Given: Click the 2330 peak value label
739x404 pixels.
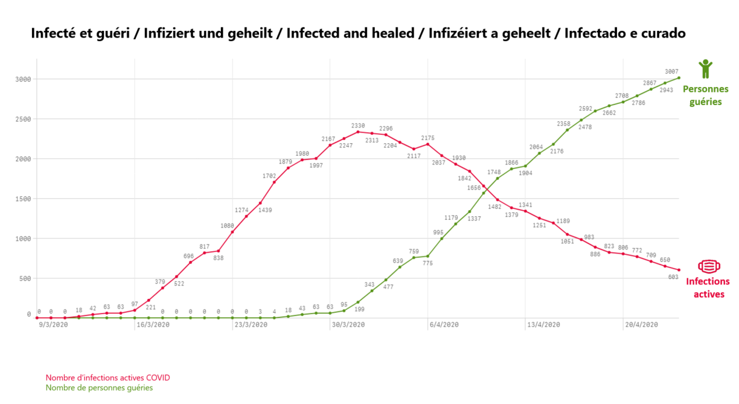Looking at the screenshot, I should pos(359,126).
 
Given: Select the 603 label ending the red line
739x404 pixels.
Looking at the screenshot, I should pos(673,277).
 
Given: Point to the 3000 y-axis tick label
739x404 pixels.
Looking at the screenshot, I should pos(23,79).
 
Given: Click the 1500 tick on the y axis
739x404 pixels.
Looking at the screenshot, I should pos(23,199).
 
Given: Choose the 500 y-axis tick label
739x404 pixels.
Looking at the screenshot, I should pos(25,278).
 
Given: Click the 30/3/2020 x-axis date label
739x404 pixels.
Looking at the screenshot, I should pos(348,324).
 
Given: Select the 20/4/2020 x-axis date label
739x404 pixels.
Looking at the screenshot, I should pos(641,324).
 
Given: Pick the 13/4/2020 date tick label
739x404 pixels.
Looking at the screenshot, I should pos(543,324).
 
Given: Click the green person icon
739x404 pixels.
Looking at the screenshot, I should pos(705,69).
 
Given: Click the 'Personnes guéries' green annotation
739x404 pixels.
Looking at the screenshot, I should pos(705,95).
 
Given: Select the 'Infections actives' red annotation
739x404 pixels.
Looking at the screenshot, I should pos(708,288).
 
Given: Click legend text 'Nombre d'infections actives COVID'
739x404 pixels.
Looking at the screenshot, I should pos(108,378).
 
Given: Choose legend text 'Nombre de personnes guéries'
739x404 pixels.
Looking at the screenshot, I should pos(100,388).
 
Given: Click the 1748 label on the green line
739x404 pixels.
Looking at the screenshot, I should pos(494,172).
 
